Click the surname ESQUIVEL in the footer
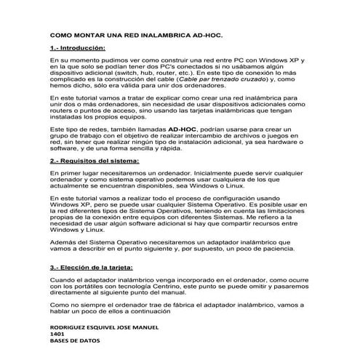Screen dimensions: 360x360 [111, 327]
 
